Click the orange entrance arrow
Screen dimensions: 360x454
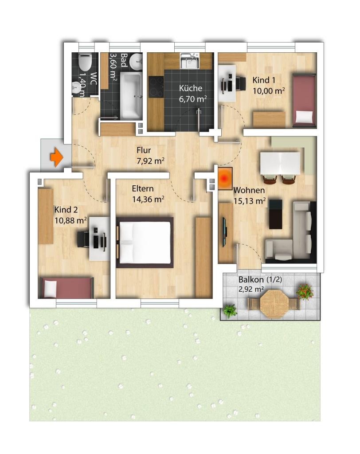(57, 157)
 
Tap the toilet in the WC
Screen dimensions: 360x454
(85, 62)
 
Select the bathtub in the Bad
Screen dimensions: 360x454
(131, 96)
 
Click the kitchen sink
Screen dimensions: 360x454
(189, 61)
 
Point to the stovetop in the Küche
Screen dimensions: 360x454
(156, 86)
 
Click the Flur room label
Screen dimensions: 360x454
(144, 150)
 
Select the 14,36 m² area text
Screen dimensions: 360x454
(148, 200)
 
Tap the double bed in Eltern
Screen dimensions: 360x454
(145, 243)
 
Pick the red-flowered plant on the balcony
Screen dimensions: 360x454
(305, 291)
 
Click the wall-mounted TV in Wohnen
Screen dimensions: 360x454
(224, 231)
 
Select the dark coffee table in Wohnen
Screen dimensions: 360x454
(275, 214)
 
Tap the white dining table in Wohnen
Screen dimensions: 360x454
(280, 163)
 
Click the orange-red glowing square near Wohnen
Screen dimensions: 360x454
(225, 179)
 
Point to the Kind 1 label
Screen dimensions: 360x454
(264, 80)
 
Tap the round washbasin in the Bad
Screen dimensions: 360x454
(136, 62)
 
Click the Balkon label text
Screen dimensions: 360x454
(251, 280)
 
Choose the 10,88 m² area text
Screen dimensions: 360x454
(70, 221)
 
